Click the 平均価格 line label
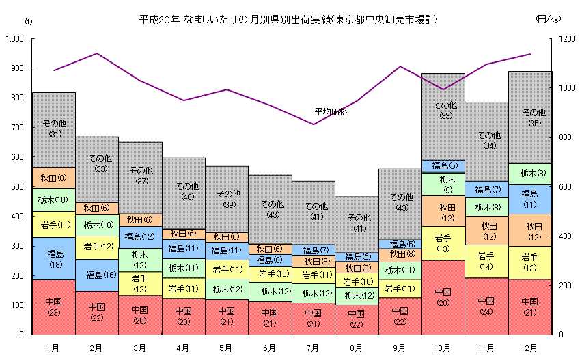coord(331,111)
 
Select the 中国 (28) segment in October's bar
coord(443,296)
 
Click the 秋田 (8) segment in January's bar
coord(54,178)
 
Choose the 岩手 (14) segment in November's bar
coord(486,261)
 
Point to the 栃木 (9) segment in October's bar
coord(443,184)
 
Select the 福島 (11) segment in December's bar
coord(529,199)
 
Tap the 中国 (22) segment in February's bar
coord(97,312)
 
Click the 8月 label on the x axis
coord(356,348)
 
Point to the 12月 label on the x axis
coord(529,348)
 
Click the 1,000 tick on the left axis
coord(14,39)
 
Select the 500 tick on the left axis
coord(17,186)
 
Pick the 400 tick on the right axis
coord(566,236)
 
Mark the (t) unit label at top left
coord(28,20)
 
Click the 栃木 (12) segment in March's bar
coord(140,259)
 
